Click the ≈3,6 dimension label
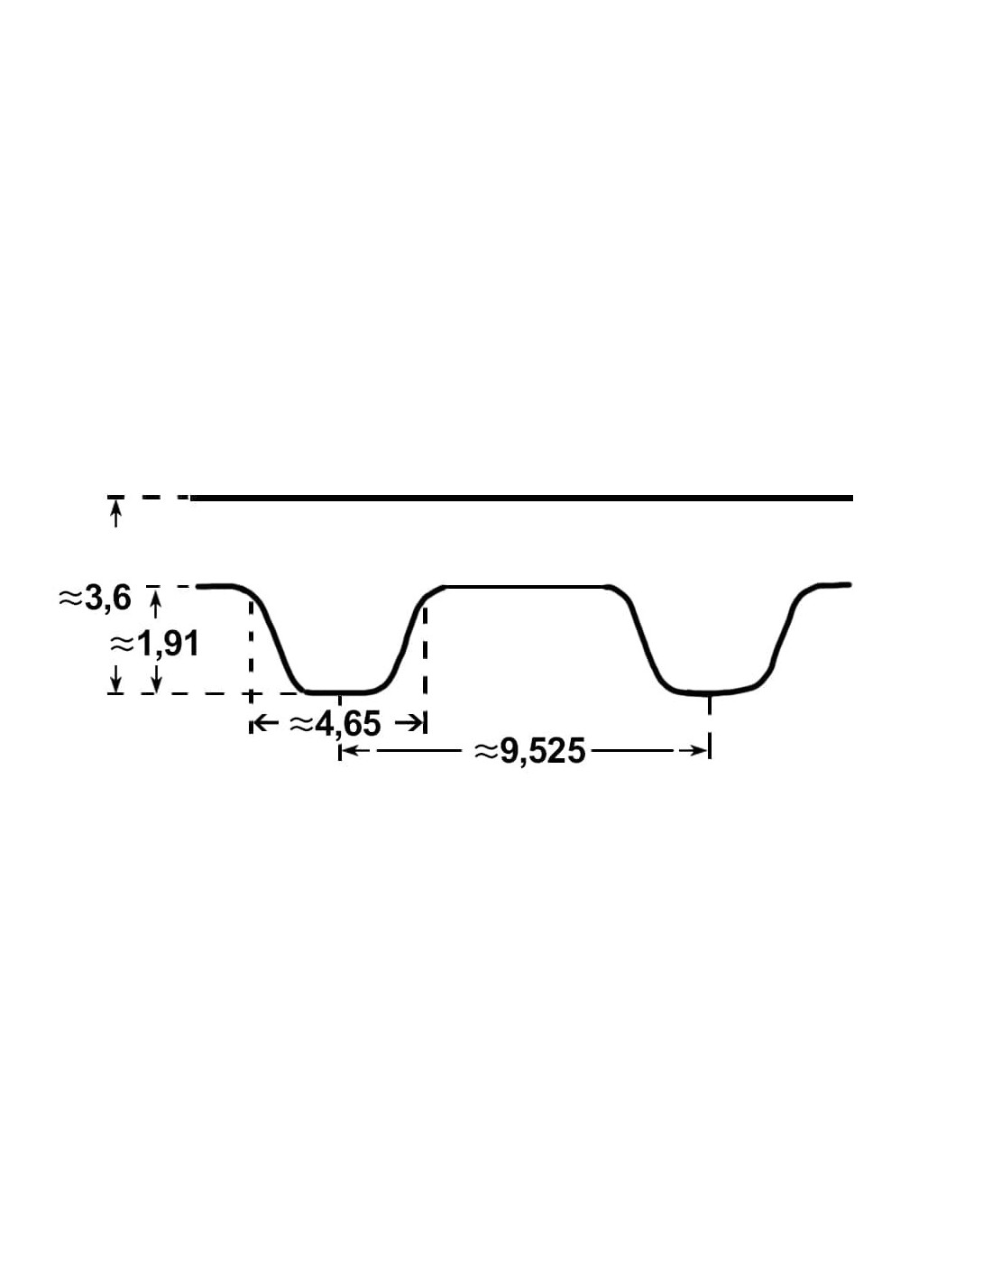pos(95,600)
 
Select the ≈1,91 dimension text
pos(154,645)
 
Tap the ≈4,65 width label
pos(335,724)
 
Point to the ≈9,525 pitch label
pos(530,752)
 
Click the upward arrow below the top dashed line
pos(116,512)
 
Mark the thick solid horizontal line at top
pos(521,499)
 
